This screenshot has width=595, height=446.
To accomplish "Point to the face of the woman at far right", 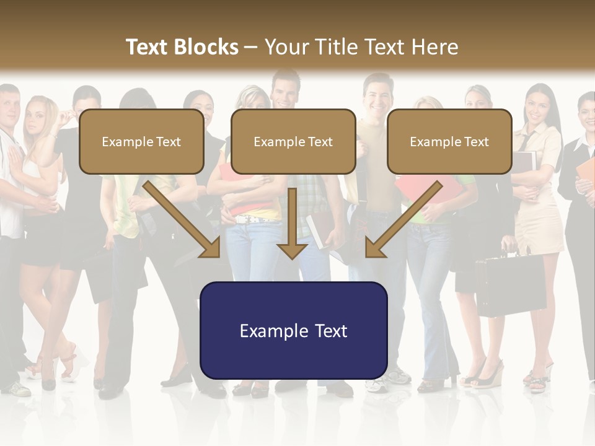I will pyautogui.click(x=586, y=112).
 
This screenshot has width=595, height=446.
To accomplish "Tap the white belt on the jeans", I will pyautogui.click(x=254, y=219).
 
